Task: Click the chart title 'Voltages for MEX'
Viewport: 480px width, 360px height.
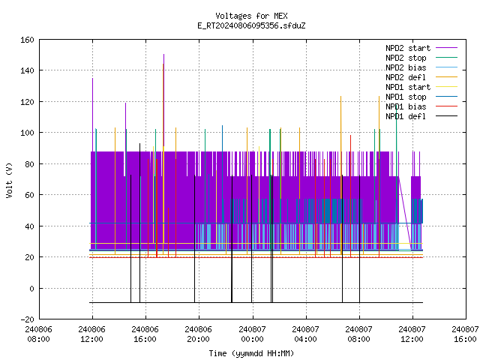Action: point(251,16)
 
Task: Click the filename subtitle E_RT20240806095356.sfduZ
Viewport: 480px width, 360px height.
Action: point(251,25)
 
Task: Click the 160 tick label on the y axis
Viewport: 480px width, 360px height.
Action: point(27,40)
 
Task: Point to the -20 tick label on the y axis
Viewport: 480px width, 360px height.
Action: point(27,319)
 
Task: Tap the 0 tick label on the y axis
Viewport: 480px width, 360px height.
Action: point(31,288)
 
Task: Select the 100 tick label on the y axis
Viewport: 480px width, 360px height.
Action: point(27,133)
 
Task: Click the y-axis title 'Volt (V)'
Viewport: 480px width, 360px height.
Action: point(9,180)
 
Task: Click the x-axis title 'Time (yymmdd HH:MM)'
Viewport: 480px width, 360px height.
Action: point(251,353)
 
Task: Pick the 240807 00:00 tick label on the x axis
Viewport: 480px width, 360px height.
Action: point(253,334)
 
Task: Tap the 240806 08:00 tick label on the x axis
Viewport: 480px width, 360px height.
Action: point(38,334)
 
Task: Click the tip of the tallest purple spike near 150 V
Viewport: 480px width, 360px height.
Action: point(163,55)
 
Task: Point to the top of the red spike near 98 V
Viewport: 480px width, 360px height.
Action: point(350,135)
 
